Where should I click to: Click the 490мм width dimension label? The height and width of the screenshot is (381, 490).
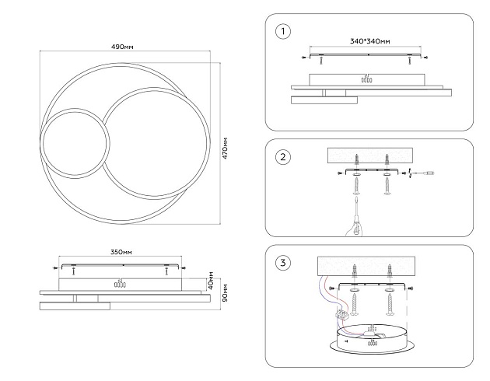point(123,47)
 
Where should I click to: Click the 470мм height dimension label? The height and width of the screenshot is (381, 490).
point(225,148)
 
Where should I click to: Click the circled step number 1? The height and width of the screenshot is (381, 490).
point(283,32)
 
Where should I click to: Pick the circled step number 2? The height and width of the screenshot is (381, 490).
point(283,157)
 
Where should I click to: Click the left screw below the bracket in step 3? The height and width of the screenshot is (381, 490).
point(355,304)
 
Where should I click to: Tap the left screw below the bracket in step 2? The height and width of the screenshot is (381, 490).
point(355,187)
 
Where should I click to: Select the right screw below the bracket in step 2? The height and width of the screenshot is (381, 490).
point(387,187)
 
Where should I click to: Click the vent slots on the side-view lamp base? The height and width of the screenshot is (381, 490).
point(119,284)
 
